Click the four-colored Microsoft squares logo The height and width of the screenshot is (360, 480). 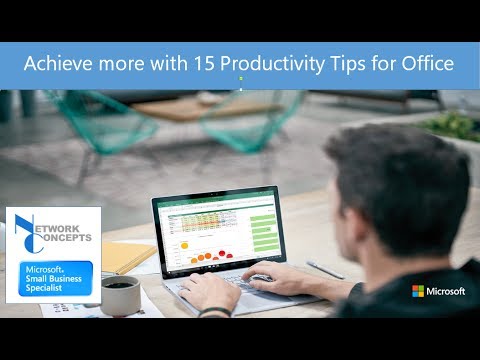[x=418, y=291]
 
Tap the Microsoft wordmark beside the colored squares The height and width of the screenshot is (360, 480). [x=445, y=291]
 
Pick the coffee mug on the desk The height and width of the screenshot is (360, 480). [x=120, y=292]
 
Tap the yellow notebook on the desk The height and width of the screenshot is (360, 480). [x=128, y=257]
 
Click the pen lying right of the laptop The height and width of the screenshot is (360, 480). [x=324, y=268]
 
